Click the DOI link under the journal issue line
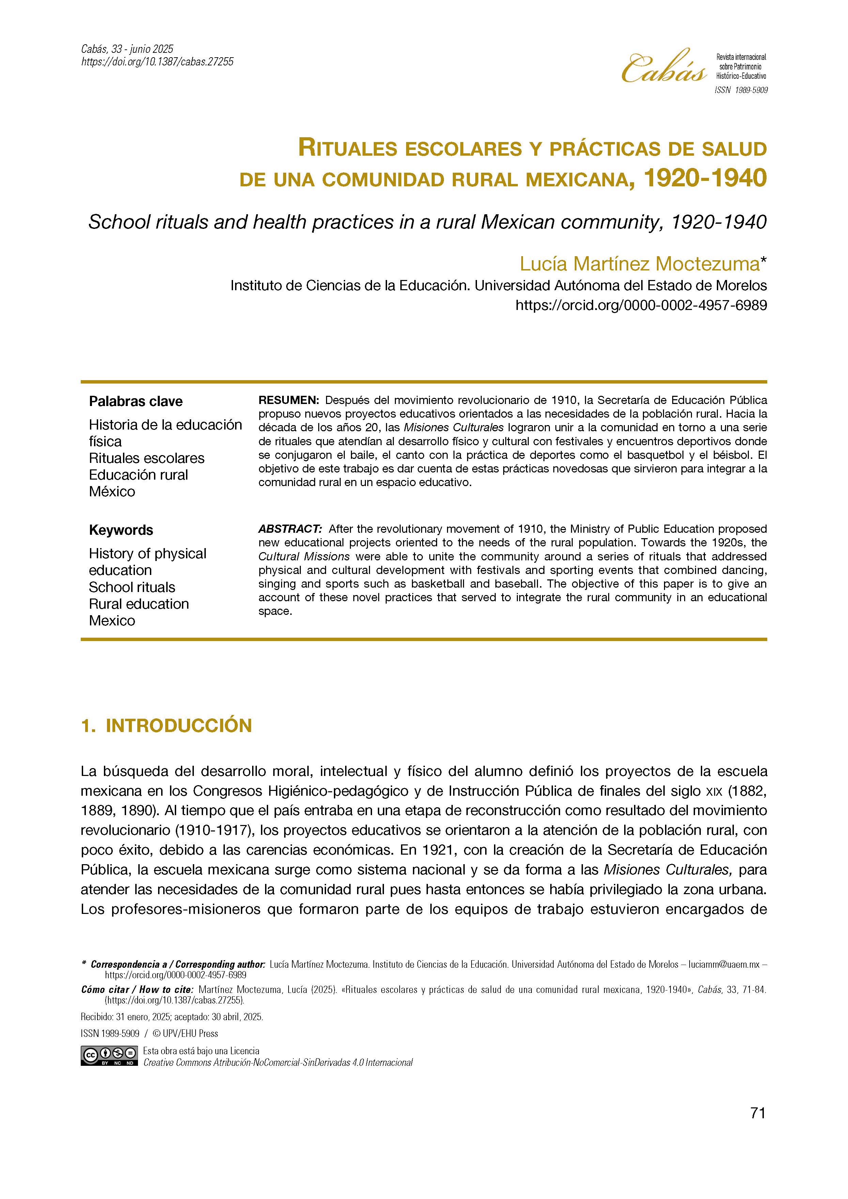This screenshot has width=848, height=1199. (157, 62)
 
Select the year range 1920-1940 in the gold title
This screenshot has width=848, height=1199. (705, 178)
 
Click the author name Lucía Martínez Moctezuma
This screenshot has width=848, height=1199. (639, 264)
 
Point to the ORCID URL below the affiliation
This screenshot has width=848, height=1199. (641, 306)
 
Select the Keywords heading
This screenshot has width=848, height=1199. (121, 530)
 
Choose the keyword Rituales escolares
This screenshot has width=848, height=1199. (147, 458)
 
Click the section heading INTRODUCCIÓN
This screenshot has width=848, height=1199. (179, 726)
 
